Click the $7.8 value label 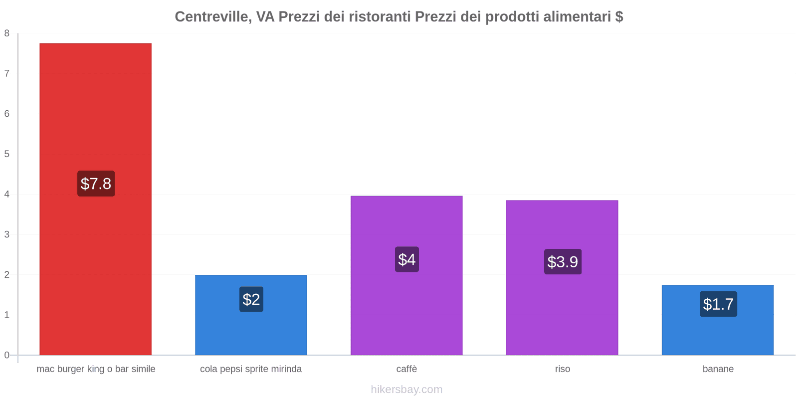point(96,184)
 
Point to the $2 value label point(251,299)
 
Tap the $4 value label point(406,259)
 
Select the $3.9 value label point(563,262)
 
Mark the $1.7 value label point(718,304)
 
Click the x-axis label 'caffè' point(406,369)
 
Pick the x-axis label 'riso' point(563,369)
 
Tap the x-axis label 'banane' point(718,369)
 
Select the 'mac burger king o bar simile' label point(96,369)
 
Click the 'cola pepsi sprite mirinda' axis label point(251,369)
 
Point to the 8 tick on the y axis point(7,33)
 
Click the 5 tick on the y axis point(7,154)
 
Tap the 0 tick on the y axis point(7,355)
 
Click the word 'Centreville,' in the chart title point(213,17)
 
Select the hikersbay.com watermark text point(406,390)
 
